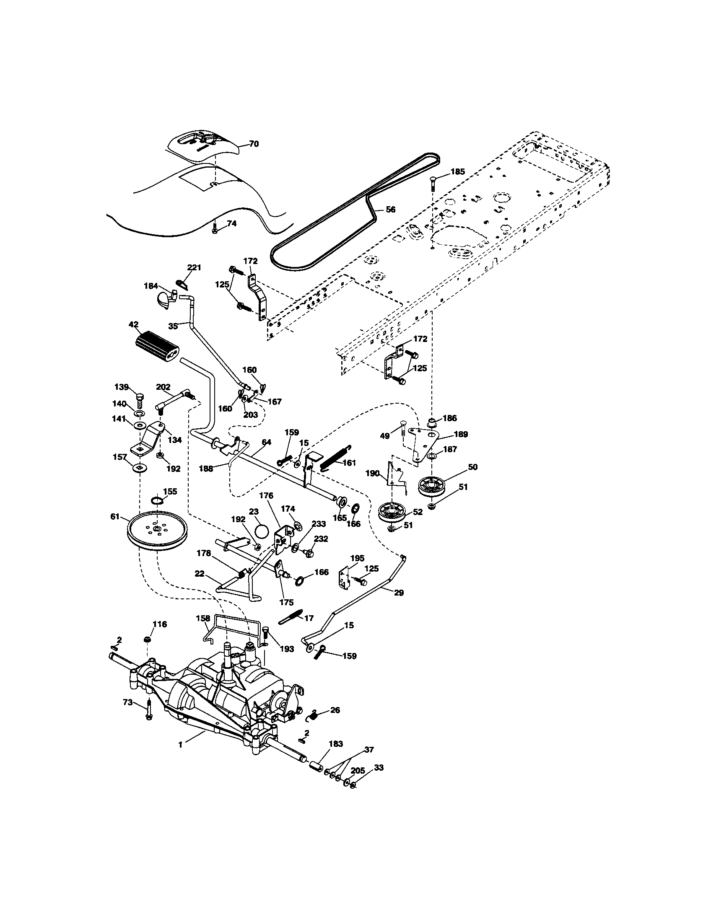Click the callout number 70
(253, 144)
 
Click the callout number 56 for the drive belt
(391, 210)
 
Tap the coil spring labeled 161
(336, 457)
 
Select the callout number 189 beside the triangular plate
(461, 434)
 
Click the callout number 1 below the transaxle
(180, 757)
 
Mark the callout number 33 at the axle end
(379, 768)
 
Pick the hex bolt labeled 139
(140, 397)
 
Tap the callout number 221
(194, 267)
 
